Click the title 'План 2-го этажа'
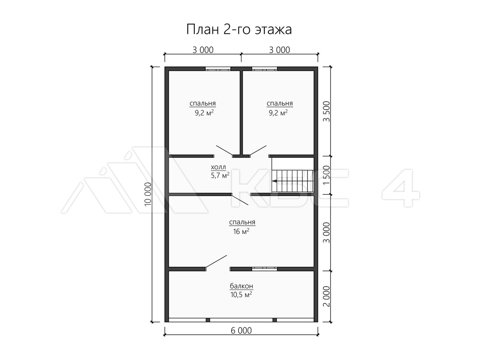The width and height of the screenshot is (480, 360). click(x=239, y=29)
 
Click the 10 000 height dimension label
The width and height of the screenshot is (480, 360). click(x=148, y=194)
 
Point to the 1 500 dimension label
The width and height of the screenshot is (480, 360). click(x=327, y=175)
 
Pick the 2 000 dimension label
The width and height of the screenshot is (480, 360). click(x=327, y=296)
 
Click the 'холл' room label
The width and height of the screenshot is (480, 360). click(x=218, y=168)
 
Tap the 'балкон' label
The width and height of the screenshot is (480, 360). click(x=242, y=286)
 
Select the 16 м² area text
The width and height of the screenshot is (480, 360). click(x=241, y=232)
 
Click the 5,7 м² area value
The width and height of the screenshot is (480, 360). click(x=220, y=175)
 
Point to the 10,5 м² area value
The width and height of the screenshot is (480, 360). click(x=241, y=294)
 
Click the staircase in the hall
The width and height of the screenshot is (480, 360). click(x=293, y=181)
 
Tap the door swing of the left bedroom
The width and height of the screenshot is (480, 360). click(x=224, y=151)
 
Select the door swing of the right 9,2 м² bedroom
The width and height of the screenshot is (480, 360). click(x=258, y=151)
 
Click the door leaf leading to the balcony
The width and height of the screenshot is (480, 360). click(x=216, y=261)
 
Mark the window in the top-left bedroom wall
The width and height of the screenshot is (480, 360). click(x=218, y=69)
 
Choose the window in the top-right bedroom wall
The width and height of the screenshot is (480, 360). click(x=265, y=69)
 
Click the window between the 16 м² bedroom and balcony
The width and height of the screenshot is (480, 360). click(x=265, y=269)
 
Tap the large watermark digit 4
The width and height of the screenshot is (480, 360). click(x=401, y=188)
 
